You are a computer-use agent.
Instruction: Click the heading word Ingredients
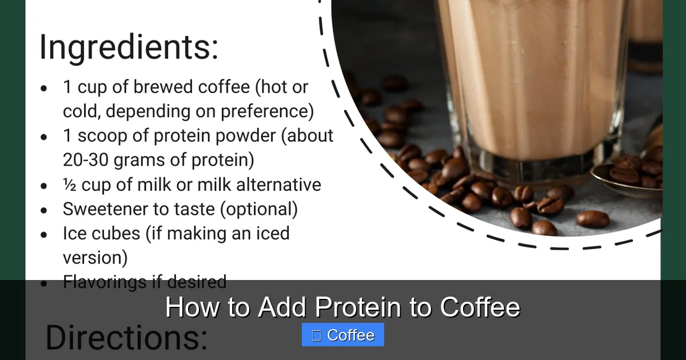click(x=128, y=47)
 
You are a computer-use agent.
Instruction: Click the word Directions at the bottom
click(x=126, y=337)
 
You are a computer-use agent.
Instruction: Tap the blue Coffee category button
click(x=343, y=335)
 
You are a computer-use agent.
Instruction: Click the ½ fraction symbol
click(x=69, y=185)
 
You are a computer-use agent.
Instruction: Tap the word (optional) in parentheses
click(x=259, y=209)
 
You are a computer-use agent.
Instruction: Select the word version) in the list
click(x=95, y=258)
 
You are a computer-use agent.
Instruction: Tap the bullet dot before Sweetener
click(x=44, y=210)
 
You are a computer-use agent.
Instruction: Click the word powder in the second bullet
click(x=251, y=136)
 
